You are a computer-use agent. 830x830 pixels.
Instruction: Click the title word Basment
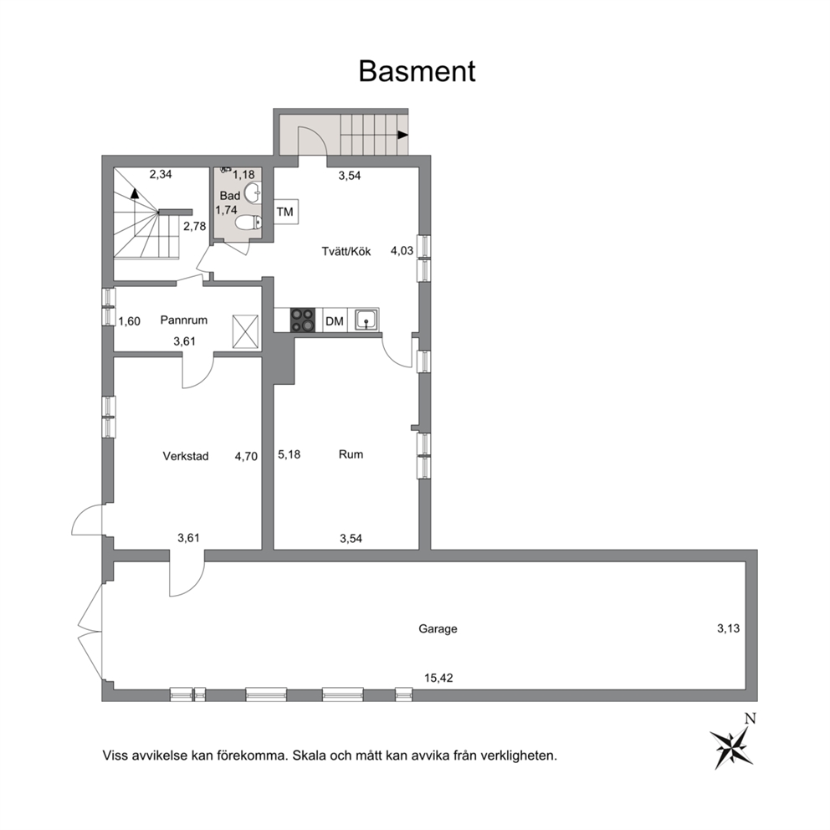[418, 71]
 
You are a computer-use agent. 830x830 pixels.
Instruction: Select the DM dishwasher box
[335, 320]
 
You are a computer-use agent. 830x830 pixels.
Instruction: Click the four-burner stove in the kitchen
[302, 320]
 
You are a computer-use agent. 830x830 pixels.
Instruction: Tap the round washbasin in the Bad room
[253, 192]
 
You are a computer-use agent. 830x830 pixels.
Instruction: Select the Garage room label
[438, 629]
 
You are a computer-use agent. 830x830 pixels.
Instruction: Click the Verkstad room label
[186, 456]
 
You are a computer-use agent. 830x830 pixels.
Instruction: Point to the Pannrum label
[184, 320]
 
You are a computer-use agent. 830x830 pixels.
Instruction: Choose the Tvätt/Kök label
[346, 251]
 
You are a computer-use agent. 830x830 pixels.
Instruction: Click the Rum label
[351, 454]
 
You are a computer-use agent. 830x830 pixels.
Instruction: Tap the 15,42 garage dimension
[438, 678]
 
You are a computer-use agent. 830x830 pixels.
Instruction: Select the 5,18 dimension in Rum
[289, 454]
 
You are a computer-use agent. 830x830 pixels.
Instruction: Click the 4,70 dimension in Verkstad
[246, 456]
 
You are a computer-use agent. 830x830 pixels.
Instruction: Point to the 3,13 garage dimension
[729, 628]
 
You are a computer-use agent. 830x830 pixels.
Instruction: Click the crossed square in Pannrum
[245, 332]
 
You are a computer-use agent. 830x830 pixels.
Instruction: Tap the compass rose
[732, 745]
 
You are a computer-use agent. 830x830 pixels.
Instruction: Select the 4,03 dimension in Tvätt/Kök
[402, 250]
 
